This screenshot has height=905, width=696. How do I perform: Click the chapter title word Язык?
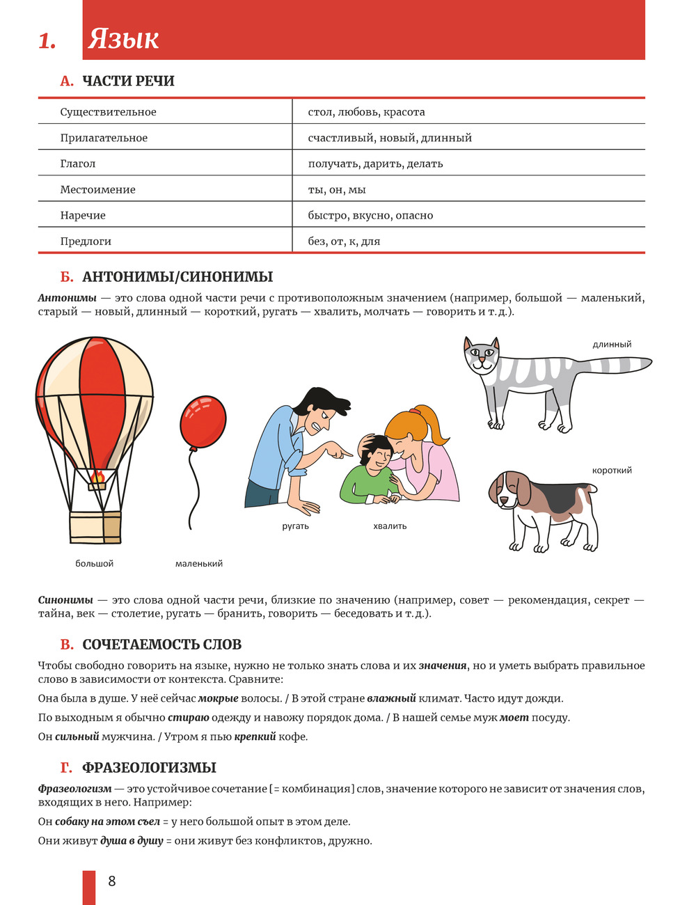click(x=123, y=39)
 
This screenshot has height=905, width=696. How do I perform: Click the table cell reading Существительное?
click(x=108, y=112)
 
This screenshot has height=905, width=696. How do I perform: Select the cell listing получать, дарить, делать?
click(x=375, y=164)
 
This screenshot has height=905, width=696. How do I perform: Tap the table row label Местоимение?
click(x=97, y=189)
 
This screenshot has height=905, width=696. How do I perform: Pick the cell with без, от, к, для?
click(x=344, y=241)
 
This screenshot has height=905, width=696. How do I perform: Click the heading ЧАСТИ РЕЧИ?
click(x=128, y=81)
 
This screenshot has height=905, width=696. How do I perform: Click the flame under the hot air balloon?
click(x=97, y=477)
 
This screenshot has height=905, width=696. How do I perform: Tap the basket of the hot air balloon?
click(x=95, y=527)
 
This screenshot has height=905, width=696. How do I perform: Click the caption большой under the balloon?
click(x=94, y=563)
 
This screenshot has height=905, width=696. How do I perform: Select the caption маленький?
click(x=198, y=563)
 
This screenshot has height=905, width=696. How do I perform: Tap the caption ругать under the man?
click(x=295, y=526)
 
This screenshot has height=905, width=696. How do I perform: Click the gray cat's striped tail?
click(x=612, y=365)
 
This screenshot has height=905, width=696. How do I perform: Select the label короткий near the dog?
click(x=612, y=470)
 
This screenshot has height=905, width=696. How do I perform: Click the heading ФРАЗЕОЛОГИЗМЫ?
click(x=149, y=767)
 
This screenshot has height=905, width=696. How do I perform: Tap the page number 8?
click(x=112, y=881)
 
